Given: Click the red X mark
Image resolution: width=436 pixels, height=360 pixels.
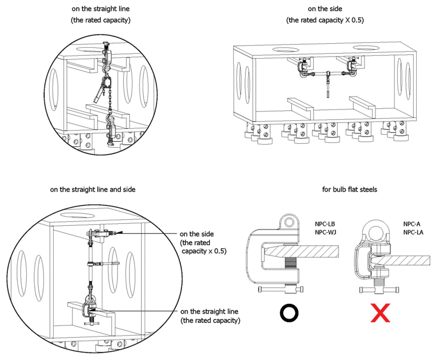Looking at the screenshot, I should tap(380, 313).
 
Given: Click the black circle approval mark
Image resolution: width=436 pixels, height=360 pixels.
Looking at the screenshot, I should tap(289, 313).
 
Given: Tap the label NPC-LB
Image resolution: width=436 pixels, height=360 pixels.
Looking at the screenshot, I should tap(325, 224).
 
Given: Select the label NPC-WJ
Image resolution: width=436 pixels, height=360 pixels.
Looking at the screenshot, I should tap(325, 232).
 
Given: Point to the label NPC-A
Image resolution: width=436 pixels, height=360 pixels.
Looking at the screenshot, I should tap(412, 224).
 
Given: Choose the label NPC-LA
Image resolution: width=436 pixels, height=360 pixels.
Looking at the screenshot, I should tap(413, 232).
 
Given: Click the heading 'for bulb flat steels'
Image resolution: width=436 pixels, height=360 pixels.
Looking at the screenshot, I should tap(349, 190).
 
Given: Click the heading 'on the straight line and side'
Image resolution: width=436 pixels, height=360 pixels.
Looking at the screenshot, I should tap(93, 190).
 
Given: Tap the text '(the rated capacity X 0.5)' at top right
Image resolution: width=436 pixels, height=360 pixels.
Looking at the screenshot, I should tap(325, 20).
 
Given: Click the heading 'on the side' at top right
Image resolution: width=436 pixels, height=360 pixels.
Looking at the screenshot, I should tap(325, 9).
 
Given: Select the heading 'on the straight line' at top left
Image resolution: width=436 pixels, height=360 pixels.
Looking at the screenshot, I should tap(100, 9).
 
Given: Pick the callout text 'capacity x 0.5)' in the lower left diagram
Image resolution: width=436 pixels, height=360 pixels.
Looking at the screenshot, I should tap(204, 251).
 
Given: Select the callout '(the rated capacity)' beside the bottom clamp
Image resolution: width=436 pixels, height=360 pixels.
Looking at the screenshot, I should tap(210, 321).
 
